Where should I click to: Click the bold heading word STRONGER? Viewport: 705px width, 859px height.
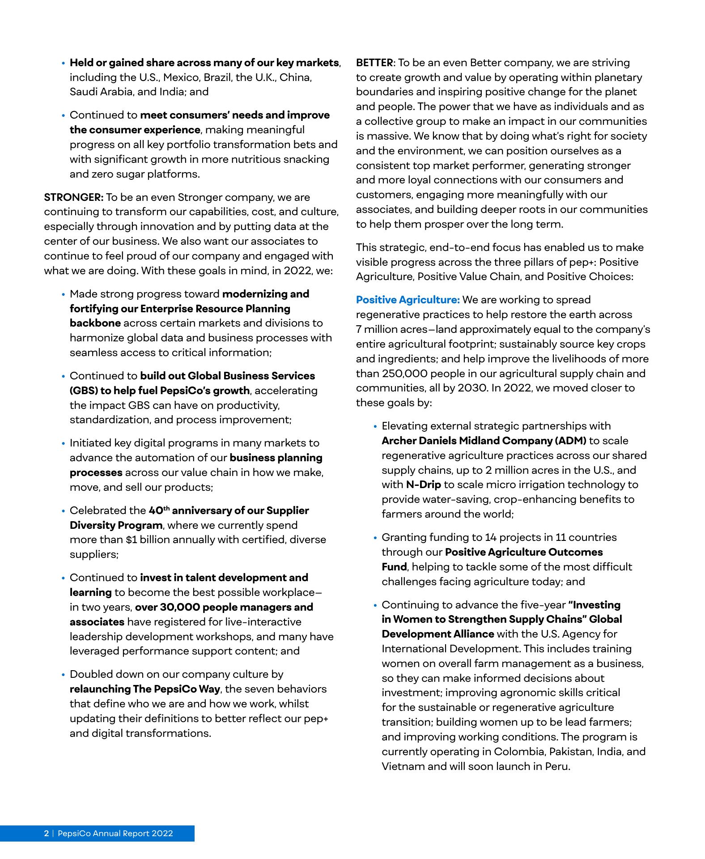click(74, 197)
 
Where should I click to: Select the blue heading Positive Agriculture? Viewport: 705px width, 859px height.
click(408, 300)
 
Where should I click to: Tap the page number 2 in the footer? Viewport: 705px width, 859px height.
click(46, 833)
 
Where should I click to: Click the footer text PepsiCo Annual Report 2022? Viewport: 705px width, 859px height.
click(115, 833)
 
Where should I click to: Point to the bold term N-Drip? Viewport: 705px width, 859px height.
click(423, 485)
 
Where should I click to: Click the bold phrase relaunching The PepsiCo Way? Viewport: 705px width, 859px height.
click(144, 689)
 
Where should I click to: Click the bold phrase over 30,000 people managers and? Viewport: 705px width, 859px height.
click(224, 607)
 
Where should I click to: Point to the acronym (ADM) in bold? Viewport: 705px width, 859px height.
click(570, 441)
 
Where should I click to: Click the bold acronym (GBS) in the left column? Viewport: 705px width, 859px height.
click(83, 391)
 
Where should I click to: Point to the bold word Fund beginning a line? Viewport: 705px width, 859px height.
click(394, 567)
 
